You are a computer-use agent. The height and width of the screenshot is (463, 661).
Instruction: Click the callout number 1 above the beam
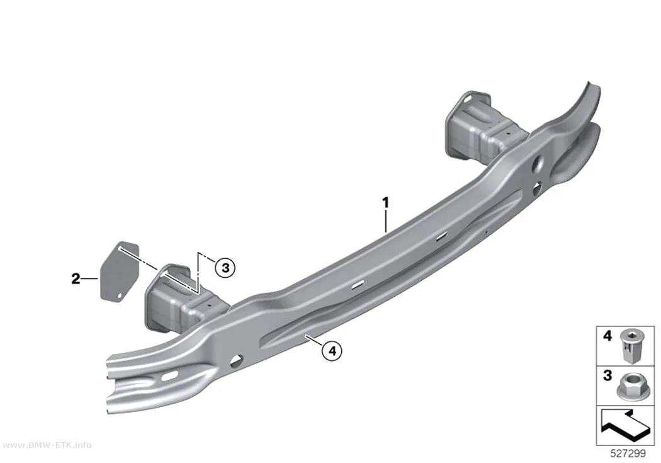(x=385, y=202)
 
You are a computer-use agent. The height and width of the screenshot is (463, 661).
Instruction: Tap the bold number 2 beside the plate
(x=76, y=278)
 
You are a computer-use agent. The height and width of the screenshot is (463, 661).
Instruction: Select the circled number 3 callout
(x=225, y=267)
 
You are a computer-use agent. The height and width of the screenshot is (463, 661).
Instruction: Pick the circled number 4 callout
(x=332, y=350)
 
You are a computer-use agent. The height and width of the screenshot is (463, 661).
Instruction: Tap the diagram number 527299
(x=628, y=454)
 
